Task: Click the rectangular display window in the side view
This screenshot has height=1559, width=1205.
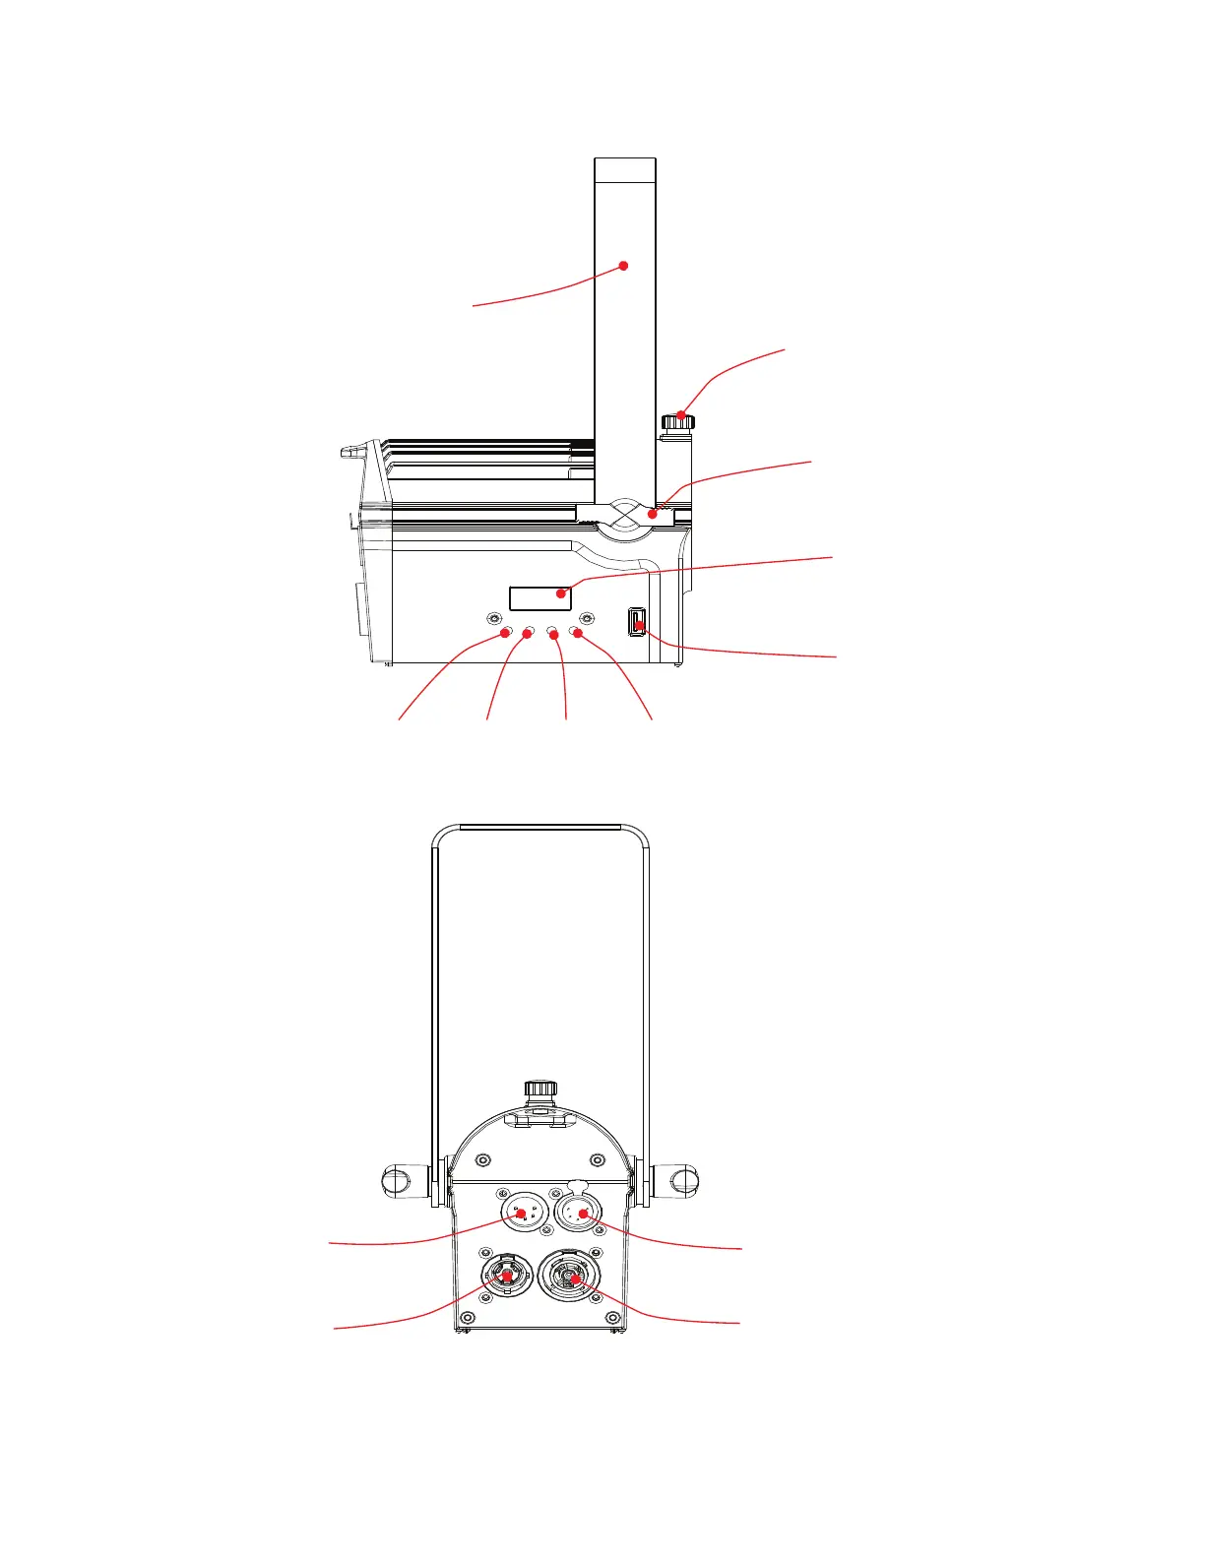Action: tap(539, 596)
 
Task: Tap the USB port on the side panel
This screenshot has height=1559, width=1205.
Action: tap(636, 622)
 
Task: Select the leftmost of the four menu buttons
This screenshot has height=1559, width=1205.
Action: tap(506, 632)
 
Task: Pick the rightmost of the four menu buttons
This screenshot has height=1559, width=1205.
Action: tap(577, 632)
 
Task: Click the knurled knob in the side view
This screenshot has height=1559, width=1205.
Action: tap(677, 422)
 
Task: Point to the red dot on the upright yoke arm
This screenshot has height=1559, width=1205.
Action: tap(623, 266)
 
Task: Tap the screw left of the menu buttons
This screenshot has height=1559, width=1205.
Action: tap(493, 618)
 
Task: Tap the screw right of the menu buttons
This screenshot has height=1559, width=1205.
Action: tap(587, 618)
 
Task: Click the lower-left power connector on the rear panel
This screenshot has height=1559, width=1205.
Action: tap(505, 1277)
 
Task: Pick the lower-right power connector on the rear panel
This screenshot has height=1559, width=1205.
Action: tap(574, 1278)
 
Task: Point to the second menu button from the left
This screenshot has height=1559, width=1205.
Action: tap(529, 632)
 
